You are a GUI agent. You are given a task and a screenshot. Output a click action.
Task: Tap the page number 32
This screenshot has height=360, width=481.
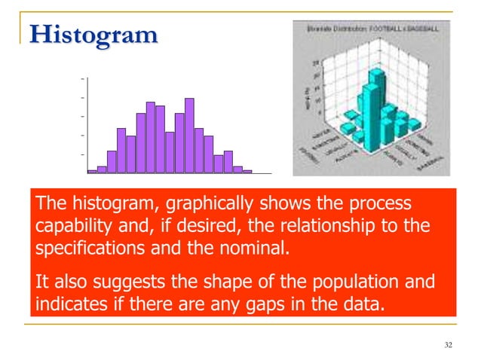[x=449, y=345]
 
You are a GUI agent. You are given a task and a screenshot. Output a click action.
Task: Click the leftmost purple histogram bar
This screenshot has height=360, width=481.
[x=92, y=171]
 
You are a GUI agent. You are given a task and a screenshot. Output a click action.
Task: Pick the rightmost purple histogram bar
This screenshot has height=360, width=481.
[x=247, y=171]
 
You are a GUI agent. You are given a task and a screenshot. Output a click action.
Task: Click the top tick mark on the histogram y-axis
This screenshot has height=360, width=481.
[x=81, y=78]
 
